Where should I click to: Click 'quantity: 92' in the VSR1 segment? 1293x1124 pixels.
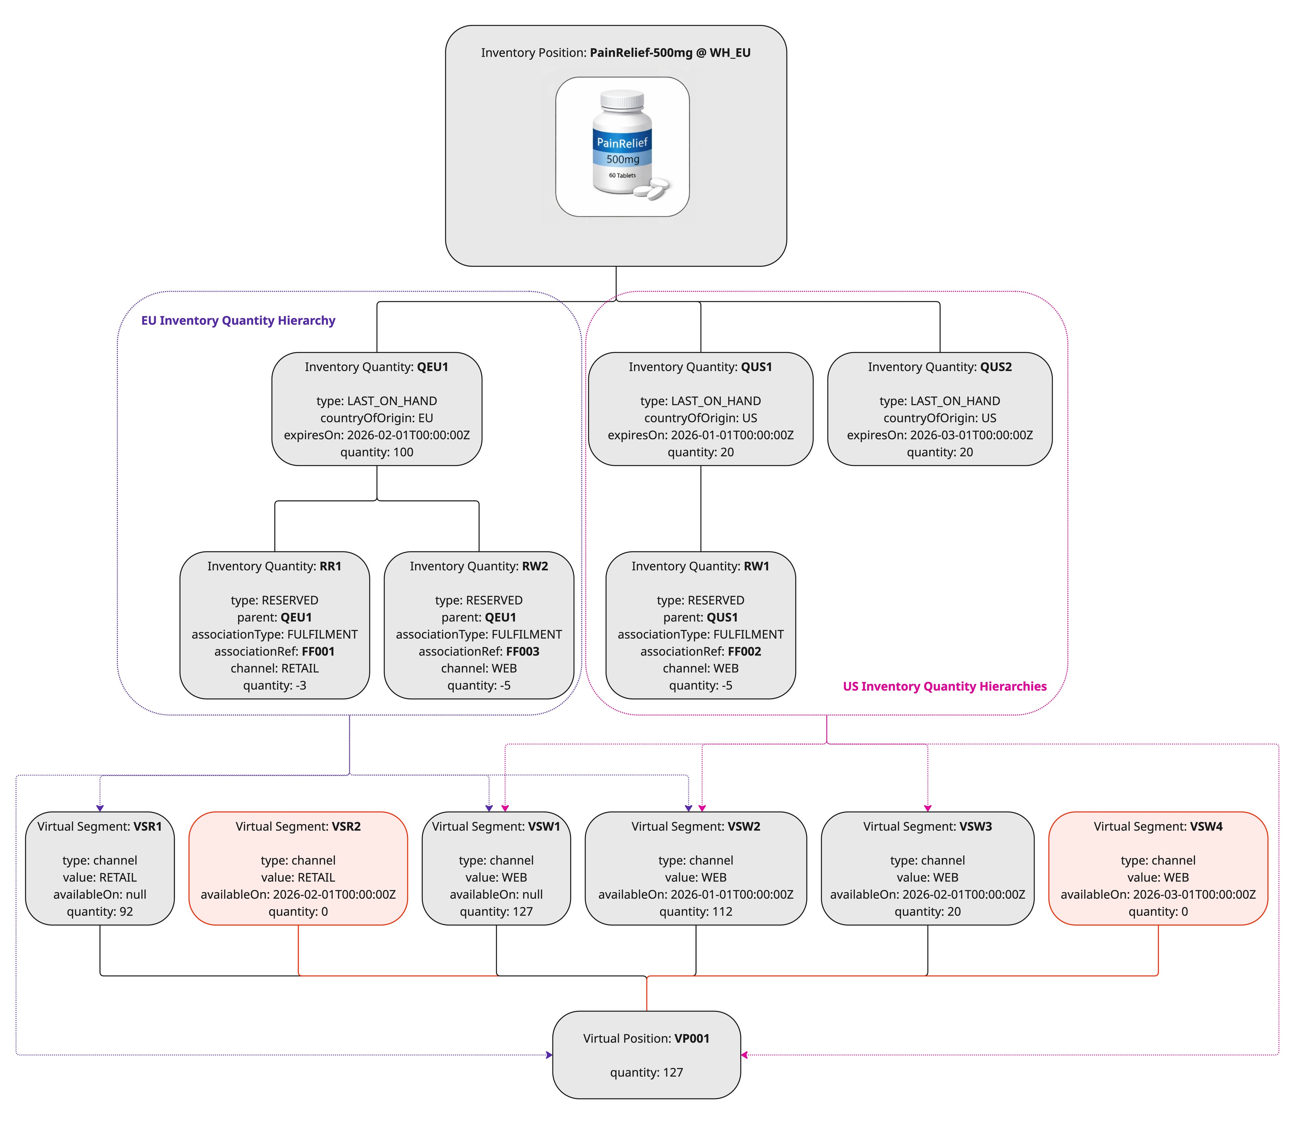100,911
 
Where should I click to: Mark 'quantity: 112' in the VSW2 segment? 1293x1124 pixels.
695,911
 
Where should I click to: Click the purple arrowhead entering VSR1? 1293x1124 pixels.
100,808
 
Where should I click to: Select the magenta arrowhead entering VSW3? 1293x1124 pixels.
927,808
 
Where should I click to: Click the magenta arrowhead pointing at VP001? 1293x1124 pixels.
745,1055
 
